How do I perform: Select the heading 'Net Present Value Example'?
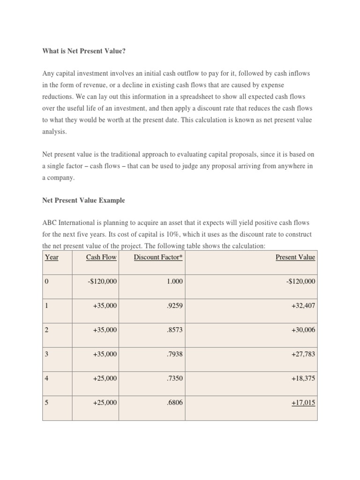(83, 200)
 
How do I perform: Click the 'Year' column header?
(52, 257)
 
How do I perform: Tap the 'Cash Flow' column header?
(101, 257)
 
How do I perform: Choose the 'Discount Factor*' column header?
(158, 257)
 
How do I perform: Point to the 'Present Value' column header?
(295, 257)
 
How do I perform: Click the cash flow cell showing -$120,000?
(101, 281)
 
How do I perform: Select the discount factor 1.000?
(174, 281)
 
